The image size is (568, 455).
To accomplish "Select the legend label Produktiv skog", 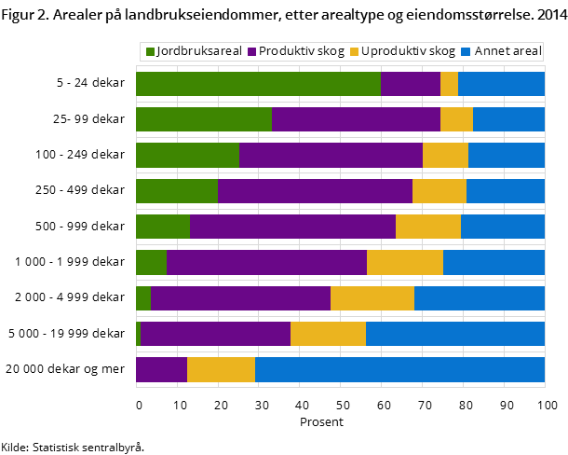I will pyautogui.click(x=302, y=51).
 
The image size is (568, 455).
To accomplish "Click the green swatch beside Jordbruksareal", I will pyautogui.click(x=150, y=51).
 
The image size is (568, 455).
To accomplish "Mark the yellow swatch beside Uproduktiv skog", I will pyautogui.click(x=354, y=51).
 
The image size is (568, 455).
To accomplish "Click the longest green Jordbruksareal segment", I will pyautogui.click(x=258, y=84).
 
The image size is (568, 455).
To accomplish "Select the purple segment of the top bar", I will pyautogui.click(x=411, y=84).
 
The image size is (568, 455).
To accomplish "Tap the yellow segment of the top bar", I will pyautogui.click(x=449, y=84).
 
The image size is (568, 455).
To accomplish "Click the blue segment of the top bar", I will pyautogui.click(x=501, y=84).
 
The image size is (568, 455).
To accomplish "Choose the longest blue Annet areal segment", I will pyautogui.click(x=399, y=369).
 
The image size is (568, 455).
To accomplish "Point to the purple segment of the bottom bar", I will pyautogui.click(x=161, y=369).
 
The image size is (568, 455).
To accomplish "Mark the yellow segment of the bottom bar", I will pyautogui.click(x=221, y=369).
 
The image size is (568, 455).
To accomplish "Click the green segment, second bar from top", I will pyautogui.click(x=204, y=119).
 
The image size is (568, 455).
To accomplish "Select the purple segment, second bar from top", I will pyautogui.click(x=356, y=119).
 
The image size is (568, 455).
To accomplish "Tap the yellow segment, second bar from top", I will pyautogui.click(x=456, y=119).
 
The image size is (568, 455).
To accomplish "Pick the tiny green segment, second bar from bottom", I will pyautogui.click(x=138, y=334).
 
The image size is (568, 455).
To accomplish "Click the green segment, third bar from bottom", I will pyautogui.click(x=143, y=298).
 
